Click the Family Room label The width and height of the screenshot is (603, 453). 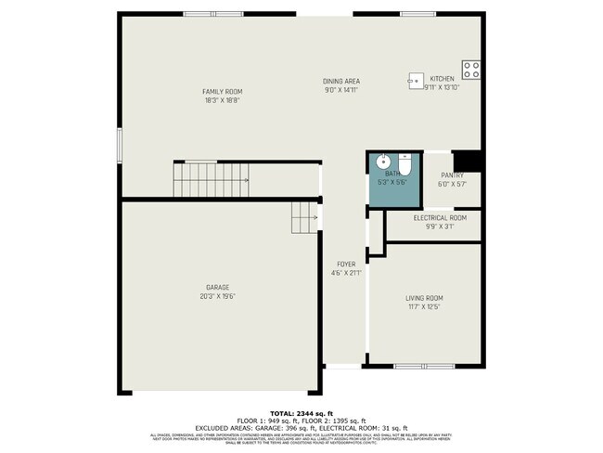click(x=222, y=91)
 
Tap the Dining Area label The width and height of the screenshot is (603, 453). click(x=341, y=81)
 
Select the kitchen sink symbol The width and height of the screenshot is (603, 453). click(x=415, y=82)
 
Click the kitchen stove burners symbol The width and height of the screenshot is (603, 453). click(x=472, y=67)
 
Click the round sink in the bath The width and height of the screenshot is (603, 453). click(x=381, y=162)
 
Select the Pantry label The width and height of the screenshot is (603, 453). click(x=452, y=175)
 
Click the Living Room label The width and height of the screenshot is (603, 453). click(x=423, y=298)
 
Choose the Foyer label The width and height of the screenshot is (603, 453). click(x=345, y=264)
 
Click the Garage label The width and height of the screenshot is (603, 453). click(x=218, y=288)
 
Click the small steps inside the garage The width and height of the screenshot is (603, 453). click(x=305, y=218)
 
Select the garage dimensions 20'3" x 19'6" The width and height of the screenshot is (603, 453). click(x=218, y=297)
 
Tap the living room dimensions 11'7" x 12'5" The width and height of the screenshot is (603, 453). click(x=423, y=307)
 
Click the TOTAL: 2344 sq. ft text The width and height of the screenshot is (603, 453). click(x=301, y=412)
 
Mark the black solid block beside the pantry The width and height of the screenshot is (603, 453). click(x=471, y=162)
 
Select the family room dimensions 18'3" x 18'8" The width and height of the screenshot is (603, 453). click(x=222, y=100)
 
